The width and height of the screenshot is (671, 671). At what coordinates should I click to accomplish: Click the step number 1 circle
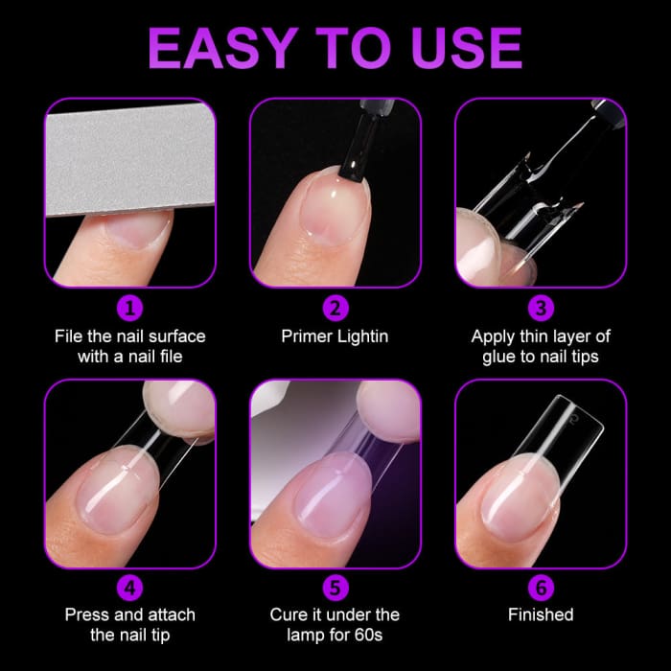point(130,309)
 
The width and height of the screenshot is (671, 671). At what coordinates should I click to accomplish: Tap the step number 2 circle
point(335,309)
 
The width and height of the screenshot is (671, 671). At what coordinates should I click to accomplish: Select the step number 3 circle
point(540,309)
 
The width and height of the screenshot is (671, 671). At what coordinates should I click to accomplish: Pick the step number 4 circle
point(130,587)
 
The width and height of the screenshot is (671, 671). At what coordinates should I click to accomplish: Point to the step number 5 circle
point(335,587)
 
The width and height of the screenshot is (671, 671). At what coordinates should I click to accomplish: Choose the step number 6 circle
point(540,587)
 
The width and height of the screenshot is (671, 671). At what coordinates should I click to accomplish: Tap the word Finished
point(540,614)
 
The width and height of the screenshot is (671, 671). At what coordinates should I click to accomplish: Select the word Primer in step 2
point(307,336)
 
